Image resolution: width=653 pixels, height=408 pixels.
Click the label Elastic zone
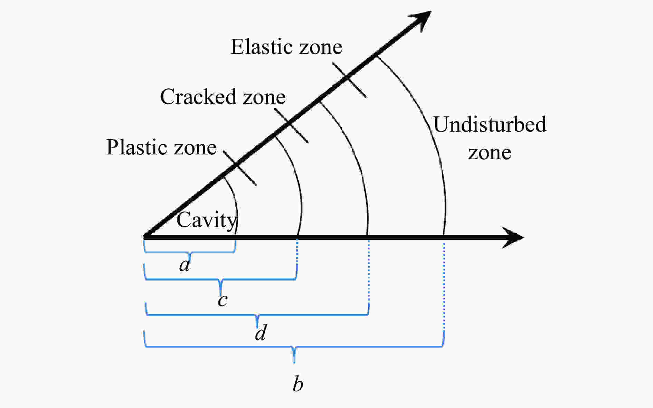(x=286, y=47)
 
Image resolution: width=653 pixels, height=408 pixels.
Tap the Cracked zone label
(x=223, y=97)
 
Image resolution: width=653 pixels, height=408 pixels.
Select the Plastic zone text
(x=161, y=148)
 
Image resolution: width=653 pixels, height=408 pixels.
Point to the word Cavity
(x=206, y=220)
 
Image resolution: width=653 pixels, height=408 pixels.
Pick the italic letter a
(x=185, y=265)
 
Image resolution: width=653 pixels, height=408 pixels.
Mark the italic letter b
(x=298, y=384)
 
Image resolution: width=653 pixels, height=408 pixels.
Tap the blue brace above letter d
(x=257, y=315)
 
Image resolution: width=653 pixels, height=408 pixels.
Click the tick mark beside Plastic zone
(x=240, y=168)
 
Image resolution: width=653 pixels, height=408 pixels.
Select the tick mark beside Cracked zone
(x=291, y=125)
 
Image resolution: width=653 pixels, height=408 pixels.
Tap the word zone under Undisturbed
(x=490, y=153)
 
